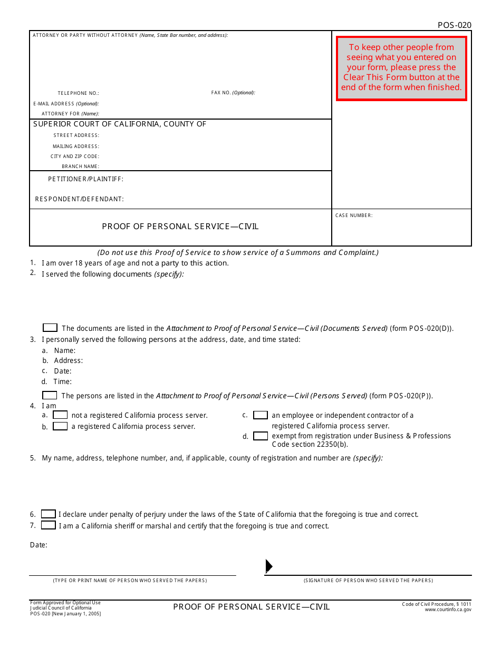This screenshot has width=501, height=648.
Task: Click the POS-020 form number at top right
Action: coord(454,25)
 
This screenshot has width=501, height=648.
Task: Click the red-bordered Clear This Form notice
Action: coord(401,68)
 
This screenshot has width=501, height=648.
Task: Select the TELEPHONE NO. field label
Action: coord(78,93)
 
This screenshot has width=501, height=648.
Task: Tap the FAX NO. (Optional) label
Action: coord(233,93)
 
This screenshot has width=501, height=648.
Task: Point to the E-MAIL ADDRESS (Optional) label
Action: coord(66,104)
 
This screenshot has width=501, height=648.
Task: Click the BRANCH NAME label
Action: coord(80,166)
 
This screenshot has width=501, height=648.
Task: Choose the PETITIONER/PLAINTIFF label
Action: coord(85,179)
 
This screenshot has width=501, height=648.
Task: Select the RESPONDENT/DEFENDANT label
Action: coord(79,199)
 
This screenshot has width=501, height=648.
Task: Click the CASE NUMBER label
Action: coord(354,215)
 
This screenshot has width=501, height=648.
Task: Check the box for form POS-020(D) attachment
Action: coord(50,328)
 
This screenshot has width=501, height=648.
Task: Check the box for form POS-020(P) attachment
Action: coord(50,395)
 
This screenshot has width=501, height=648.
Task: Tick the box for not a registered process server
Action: coord(60,415)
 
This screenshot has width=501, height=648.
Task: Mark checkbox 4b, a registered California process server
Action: coord(60,426)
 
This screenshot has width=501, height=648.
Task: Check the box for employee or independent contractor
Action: coord(261,415)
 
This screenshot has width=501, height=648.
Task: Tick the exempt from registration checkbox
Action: coord(261,436)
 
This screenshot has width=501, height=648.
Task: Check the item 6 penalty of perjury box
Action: coord(49,514)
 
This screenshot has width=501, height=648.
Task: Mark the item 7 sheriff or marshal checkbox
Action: coord(49,525)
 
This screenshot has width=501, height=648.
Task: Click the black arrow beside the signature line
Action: coord(268,566)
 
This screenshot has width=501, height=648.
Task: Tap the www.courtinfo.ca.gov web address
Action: coord(448,610)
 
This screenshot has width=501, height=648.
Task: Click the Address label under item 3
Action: coord(68,361)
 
